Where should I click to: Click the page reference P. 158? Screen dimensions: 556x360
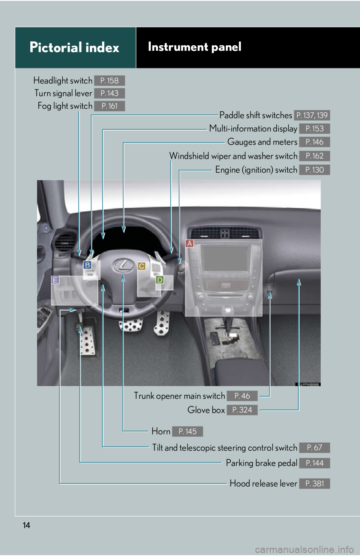[x=109, y=81]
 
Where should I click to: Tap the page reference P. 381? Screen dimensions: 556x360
[x=314, y=484]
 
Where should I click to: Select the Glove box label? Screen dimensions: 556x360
[x=206, y=410]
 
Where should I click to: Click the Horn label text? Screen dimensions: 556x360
[x=161, y=432]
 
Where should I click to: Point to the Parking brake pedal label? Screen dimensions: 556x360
[x=261, y=463]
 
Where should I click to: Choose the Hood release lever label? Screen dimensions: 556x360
[x=263, y=484]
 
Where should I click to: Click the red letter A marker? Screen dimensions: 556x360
[x=190, y=244]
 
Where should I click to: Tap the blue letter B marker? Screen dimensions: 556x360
[x=87, y=265]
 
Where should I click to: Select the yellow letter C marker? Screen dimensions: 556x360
[x=141, y=266]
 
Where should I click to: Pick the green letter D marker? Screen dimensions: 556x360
[x=160, y=280]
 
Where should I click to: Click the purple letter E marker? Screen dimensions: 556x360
[x=55, y=280]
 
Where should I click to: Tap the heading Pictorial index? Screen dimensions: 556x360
[x=74, y=48]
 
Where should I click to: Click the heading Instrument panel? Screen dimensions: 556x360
[x=195, y=47]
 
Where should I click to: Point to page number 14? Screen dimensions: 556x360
[x=26, y=525]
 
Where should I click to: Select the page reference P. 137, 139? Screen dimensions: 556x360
[x=312, y=115]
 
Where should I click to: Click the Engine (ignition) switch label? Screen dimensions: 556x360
[x=256, y=170]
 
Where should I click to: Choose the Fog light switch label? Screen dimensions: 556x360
[x=65, y=106]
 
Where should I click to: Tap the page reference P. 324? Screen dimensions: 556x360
[x=242, y=410]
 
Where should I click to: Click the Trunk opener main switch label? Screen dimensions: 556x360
[x=179, y=396]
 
